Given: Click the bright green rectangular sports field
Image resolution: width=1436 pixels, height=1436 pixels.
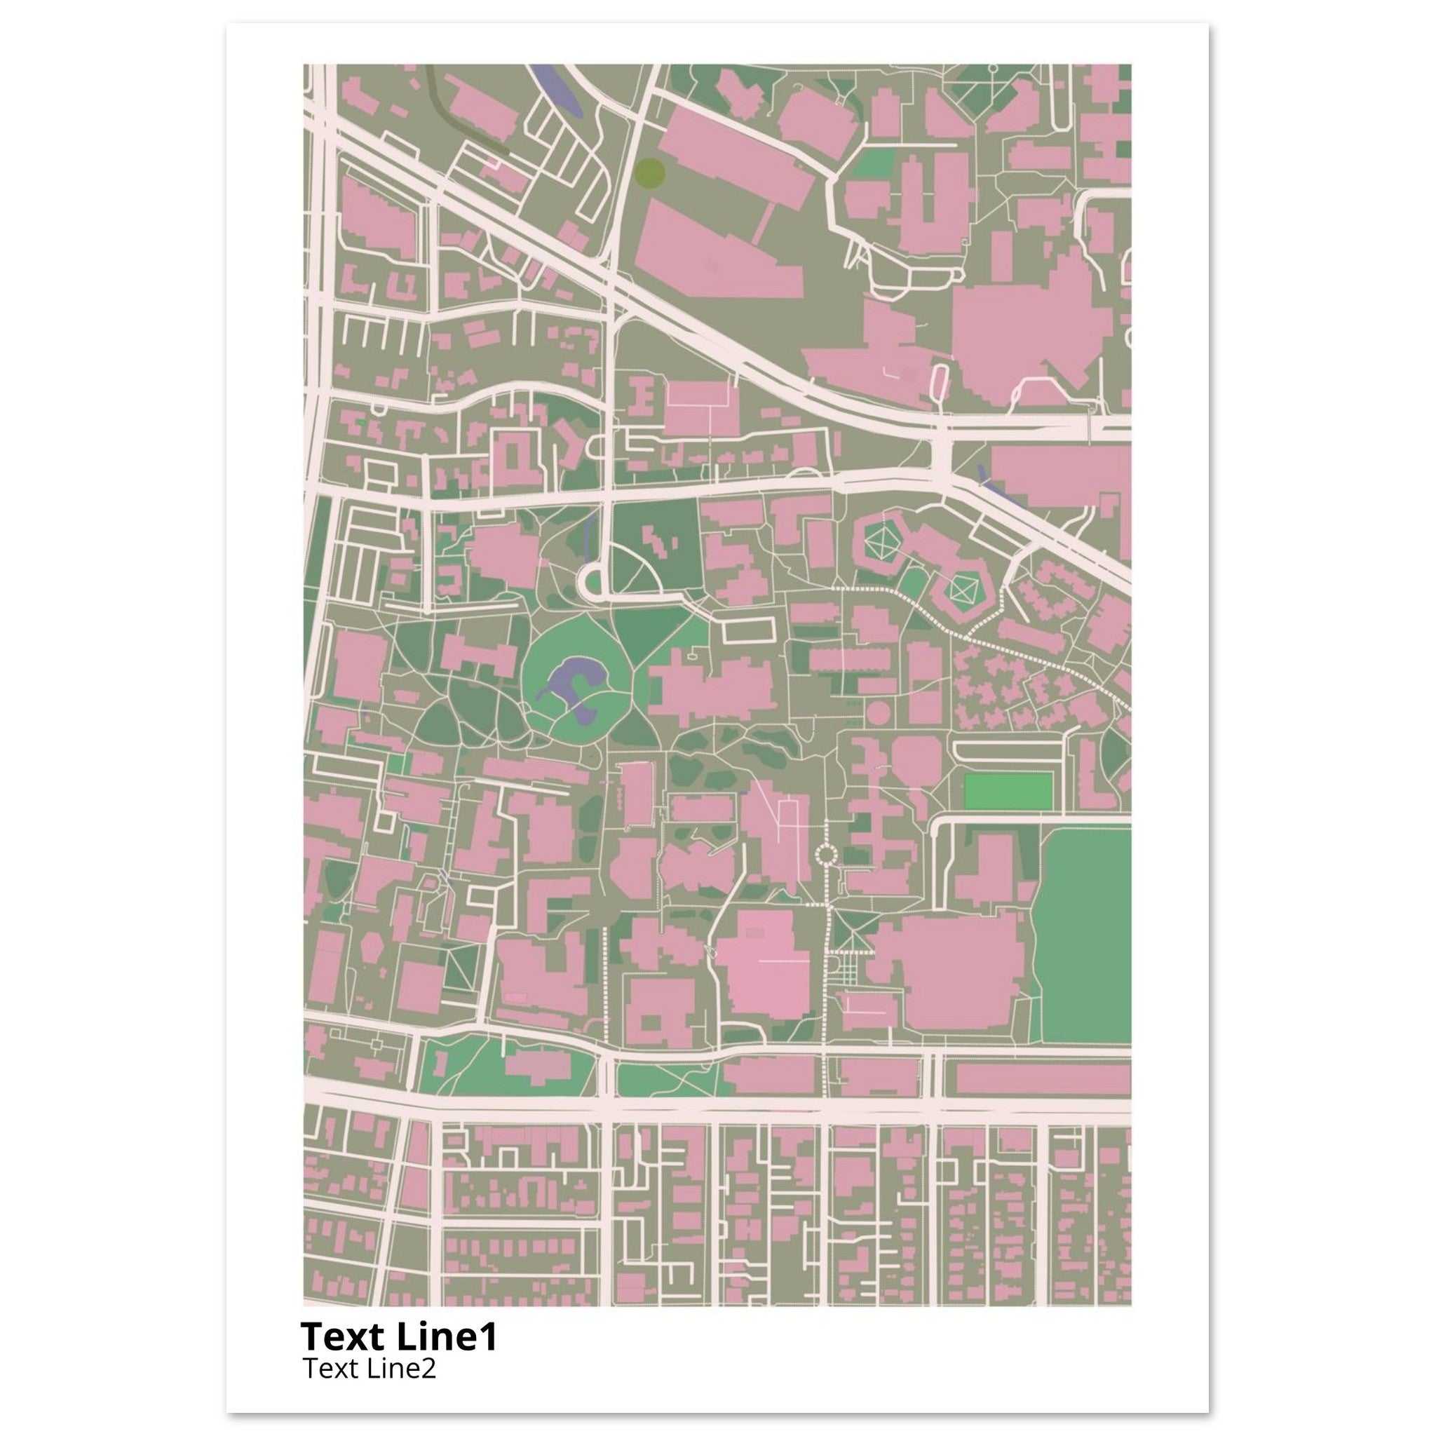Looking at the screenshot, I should pos(1008,792).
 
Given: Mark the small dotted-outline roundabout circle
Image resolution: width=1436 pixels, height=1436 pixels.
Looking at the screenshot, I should pos(826,855).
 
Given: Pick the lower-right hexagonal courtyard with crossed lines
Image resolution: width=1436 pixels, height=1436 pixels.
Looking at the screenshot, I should pos(965,592).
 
